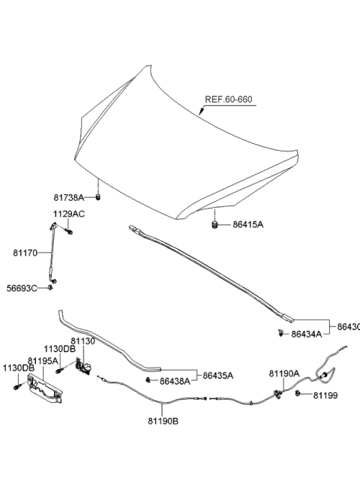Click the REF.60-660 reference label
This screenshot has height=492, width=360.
coord(230,99)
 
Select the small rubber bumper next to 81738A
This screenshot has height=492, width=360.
coord(98,197)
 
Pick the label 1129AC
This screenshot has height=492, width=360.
coord(69,214)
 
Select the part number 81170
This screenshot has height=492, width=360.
coord(26,253)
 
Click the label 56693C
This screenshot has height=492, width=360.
coord(22,288)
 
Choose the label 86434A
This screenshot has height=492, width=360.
coord(307,334)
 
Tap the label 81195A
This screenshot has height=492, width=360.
coord(43,360)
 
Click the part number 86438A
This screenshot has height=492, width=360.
coord(175,382)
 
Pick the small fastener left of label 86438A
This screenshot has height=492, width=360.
coord(148,381)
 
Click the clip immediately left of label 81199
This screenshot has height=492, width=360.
coord(298,394)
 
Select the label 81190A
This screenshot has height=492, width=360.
coord(284,373)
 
